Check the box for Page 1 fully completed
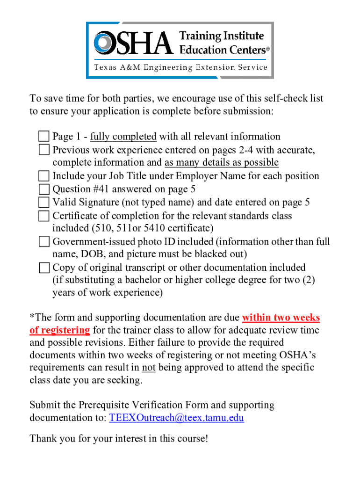pyautogui.click(x=44, y=137)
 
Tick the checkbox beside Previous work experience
pyautogui.click(x=44, y=150)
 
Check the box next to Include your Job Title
pyautogui.click(x=44, y=176)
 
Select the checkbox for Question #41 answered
pyautogui.click(x=44, y=189)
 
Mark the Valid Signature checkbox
pyautogui.click(x=44, y=203)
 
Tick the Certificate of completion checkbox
pyautogui.click(x=44, y=216)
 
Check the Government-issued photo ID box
pyautogui.click(x=44, y=242)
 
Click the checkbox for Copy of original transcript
pyautogui.click(x=44, y=268)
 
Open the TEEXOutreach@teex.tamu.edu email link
pyautogui.click(x=176, y=418)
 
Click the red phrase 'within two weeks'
pyautogui.click(x=281, y=318)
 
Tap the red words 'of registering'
pyautogui.click(x=59, y=330)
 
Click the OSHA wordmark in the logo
pyautogui.click(x=133, y=43)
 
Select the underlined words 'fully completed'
pyautogui.click(x=123, y=137)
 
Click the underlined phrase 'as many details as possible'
pyautogui.click(x=221, y=163)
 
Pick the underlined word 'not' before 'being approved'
pyautogui.click(x=148, y=368)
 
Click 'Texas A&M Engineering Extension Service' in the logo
pyautogui.click(x=181, y=68)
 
